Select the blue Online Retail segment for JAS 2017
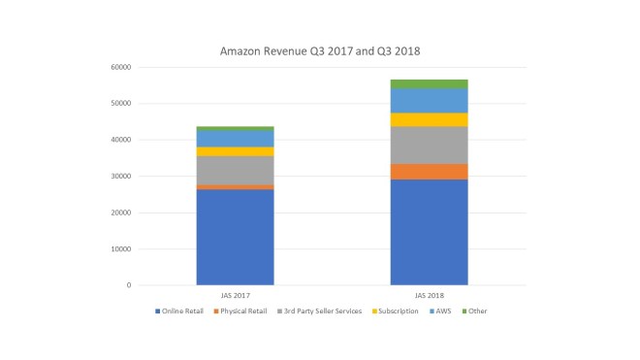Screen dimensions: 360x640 [x=235, y=237]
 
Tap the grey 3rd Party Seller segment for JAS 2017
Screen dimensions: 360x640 [x=235, y=170]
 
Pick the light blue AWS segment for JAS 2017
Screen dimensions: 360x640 [x=235, y=139]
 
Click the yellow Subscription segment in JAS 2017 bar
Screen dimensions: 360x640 [x=235, y=151]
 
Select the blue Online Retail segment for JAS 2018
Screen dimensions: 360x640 [x=429, y=232]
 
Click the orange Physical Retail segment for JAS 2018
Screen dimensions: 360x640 [x=429, y=171]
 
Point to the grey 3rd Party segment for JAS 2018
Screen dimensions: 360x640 [x=429, y=145]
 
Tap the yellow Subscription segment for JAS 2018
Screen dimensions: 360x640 [x=429, y=119]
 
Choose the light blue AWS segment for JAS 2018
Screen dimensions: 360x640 [x=429, y=101]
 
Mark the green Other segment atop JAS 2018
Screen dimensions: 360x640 [x=429, y=83]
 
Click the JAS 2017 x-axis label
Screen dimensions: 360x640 [x=235, y=294]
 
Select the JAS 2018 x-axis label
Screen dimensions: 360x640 [x=429, y=294]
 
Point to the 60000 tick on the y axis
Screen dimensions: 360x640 [x=119, y=67]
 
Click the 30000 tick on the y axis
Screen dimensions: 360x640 [x=119, y=177]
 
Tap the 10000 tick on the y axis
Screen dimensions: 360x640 [x=119, y=249]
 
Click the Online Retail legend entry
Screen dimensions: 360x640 [x=181, y=311]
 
